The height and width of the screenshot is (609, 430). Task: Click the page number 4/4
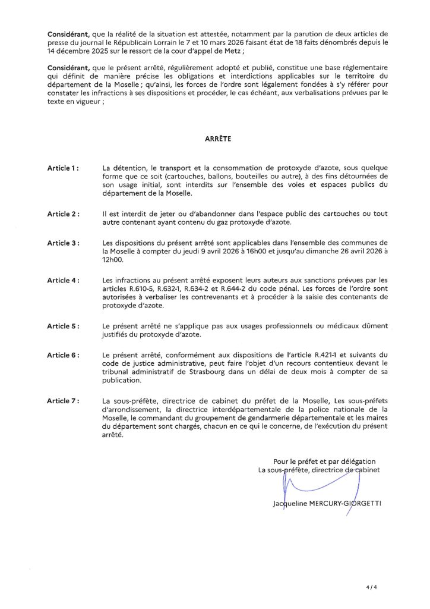pyautogui.click(x=372, y=587)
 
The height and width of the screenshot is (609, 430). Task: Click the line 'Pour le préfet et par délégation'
pyautogui.click(x=324, y=461)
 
